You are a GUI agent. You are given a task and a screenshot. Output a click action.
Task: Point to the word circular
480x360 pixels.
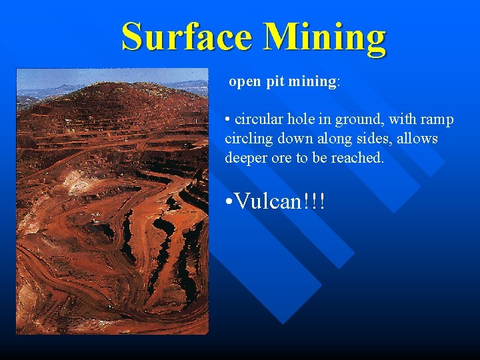point(260,120)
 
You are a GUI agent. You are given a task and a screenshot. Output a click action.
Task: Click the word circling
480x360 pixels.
point(248,139)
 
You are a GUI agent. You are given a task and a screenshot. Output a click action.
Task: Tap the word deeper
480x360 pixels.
point(247,158)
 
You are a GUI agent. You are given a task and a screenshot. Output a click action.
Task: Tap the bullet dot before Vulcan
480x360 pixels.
point(229,201)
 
